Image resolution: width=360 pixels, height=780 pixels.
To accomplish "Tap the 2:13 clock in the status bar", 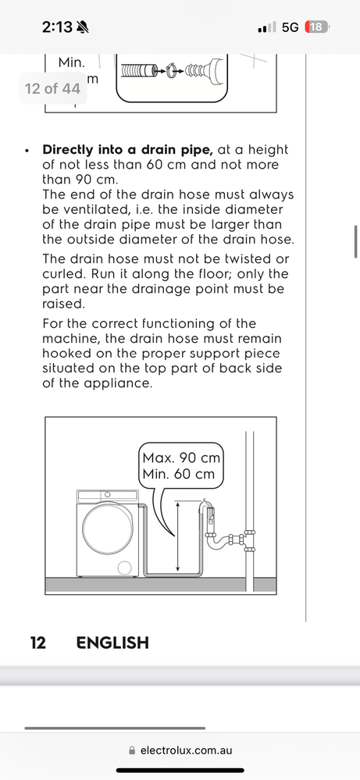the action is (57, 27).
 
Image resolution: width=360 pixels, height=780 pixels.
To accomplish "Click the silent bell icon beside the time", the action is (83, 27).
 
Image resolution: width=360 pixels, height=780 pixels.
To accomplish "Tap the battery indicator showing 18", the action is (316, 27).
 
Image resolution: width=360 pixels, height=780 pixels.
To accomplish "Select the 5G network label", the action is (290, 27).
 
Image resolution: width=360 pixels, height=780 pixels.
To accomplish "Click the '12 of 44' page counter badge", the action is (52, 88).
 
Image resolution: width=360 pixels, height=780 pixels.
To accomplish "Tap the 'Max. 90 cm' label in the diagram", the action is (181, 458).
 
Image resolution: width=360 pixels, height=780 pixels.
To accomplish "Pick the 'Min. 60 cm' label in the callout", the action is (179, 474).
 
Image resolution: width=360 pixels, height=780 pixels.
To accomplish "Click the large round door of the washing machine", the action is (108, 529).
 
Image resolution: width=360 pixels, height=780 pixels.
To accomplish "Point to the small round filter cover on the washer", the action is (124, 568).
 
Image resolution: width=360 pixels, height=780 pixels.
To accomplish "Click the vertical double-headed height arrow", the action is (178, 536).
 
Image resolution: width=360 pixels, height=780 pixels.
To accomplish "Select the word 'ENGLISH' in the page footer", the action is (112, 643).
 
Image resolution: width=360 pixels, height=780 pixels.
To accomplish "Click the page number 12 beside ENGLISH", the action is (38, 643).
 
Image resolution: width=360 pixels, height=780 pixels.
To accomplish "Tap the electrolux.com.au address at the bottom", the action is (186, 750).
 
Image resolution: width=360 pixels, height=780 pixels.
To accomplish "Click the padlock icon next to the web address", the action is (132, 750).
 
